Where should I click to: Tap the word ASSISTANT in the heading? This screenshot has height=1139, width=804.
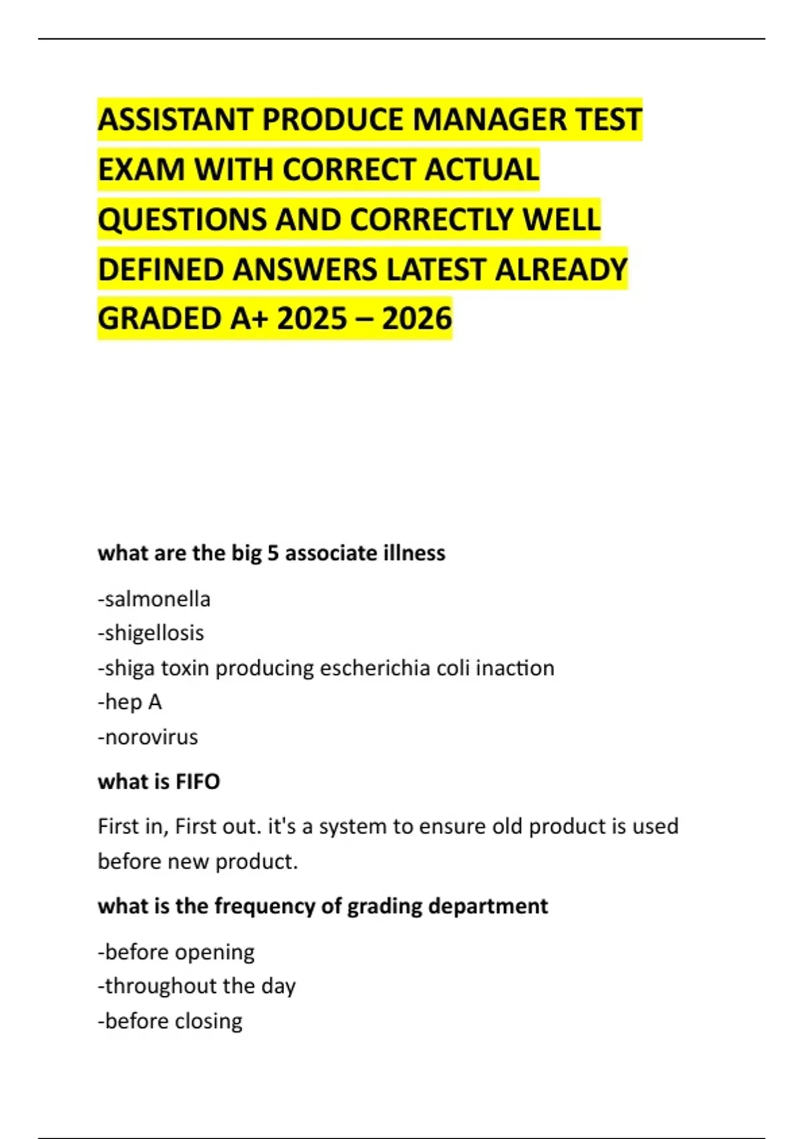tap(175, 120)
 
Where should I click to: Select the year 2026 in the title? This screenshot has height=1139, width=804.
tap(417, 318)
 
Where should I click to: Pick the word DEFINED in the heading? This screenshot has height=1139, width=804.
tap(160, 269)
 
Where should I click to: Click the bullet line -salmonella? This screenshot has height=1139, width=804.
tap(154, 598)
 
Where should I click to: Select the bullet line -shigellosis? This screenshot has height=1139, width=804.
tap(151, 632)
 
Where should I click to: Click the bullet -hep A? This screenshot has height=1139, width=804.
tap(130, 702)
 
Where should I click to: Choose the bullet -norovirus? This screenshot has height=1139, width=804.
tap(148, 737)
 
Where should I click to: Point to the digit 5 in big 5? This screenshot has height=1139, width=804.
tap(273, 553)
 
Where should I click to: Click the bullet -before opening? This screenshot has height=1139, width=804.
tap(176, 952)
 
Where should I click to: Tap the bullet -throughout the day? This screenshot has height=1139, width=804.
tap(197, 986)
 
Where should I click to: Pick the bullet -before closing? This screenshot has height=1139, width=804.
tap(170, 1021)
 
